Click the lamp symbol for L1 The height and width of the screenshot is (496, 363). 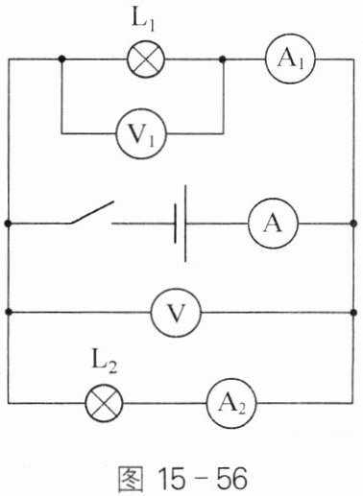pyautogui.click(x=146, y=59)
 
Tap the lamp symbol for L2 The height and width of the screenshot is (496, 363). pyautogui.click(x=104, y=403)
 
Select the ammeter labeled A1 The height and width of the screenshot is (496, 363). pyautogui.click(x=290, y=59)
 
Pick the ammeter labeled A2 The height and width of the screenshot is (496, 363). pyautogui.click(x=231, y=404)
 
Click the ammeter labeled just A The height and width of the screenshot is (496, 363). pyautogui.click(x=273, y=224)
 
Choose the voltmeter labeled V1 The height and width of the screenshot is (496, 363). pyautogui.click(x=141, y=133)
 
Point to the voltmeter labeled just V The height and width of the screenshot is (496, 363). pyautogui.click(x=176, y=312)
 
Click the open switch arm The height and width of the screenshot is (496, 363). pyautogui.click(x=92, y=212)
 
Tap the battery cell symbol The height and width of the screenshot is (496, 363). pyautogui.click(x=181, y=224)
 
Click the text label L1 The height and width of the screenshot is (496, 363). pyautogui.click(x=143, y=21)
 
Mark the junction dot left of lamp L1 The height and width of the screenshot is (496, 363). pyautogui.click(x=62, y=59)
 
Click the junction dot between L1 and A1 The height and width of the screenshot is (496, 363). pyautogui.click(x=223, y=59)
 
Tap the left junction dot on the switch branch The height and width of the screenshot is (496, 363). pyautogui.click(x=9, y=224)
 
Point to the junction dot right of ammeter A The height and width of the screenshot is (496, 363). pyautogui.click(x=353, y=224)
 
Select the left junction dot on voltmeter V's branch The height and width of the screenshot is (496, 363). pyautogui.click(x=9, y=312)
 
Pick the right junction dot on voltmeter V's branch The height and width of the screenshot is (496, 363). pyautogui.click(x=353, y=312)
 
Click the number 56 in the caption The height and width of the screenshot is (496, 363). pyautogui.click(x=232, y=480)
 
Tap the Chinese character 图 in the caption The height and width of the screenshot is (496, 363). pyautogui.click(x=131, y=480)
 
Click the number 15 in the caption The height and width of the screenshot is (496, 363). pyautogui.click(x=171, y=480)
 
